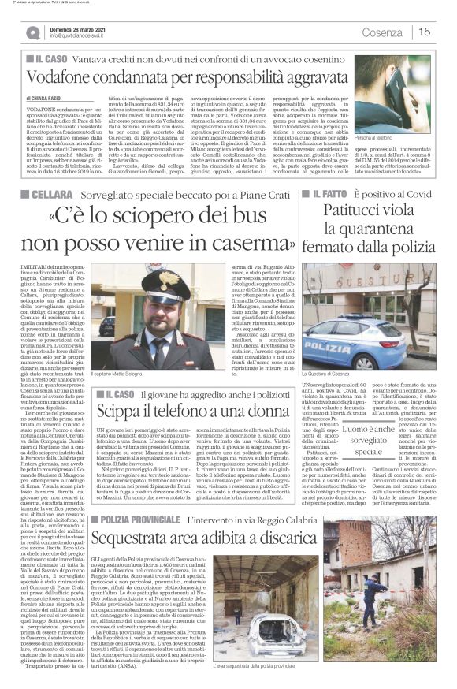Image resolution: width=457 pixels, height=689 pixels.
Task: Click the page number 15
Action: pyautogui.click(x=425, y=32)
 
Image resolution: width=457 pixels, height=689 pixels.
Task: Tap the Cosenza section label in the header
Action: pyautogui.click(x=381, y=32)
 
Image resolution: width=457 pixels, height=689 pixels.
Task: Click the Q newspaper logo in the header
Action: pyautogui.click(x=32, y=32)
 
